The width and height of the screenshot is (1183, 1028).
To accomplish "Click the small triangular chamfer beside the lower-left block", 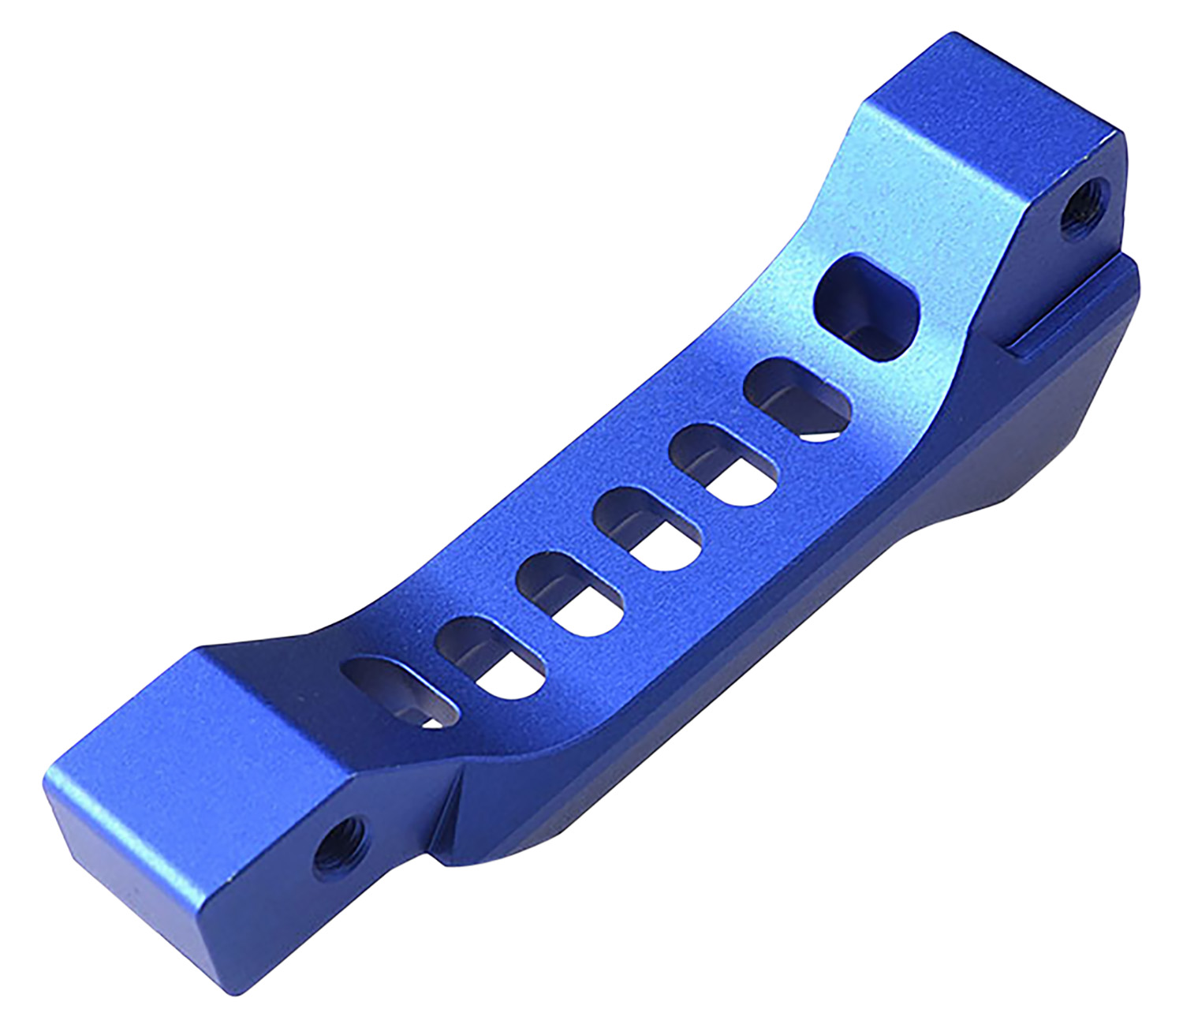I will tap(447, 805).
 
